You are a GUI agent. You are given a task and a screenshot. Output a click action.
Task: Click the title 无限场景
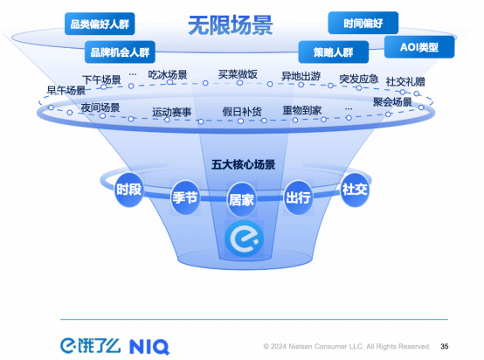pyautogui.click(x=231, y=24)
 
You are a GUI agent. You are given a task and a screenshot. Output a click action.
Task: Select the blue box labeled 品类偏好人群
pyautogui.click(x=100, y=24)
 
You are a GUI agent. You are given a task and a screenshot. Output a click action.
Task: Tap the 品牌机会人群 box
pyautogui.click(x=120, y=52)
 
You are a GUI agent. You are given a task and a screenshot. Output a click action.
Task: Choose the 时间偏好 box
pyautogui.click(x=363, y=23)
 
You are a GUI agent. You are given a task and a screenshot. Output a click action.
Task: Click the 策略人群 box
pyautogui.click(x=334, y=52)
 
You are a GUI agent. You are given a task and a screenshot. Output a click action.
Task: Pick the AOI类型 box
pyautogui.click(x=419, y=47)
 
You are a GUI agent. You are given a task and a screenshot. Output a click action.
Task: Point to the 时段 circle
pyautogui.click(x=129, y=190)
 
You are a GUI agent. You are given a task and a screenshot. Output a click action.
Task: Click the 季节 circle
pyautogui.click(x=185, y=197)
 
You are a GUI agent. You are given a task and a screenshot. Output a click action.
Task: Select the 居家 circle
pyautogui.click(x=241, y=200)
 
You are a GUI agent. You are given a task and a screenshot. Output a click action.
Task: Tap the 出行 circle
pyautogui.click(x=298, y=197)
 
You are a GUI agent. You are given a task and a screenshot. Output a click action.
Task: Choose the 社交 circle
pyautogui.click(x=355, y=190)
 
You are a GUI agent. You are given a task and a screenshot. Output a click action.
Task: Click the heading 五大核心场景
pyautogui.click(x=243, y=164)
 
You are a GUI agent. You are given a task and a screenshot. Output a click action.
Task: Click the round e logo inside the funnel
pyautogui.click(x=244, y=239)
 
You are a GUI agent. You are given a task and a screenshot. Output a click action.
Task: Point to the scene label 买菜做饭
pyautogui.click(x=238, y=74)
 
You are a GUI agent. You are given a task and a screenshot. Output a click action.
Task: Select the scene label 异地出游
pyautogui.click(x=301, y=76)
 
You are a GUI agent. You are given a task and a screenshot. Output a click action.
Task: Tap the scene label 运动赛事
pyautogui.click(x=171, y=112)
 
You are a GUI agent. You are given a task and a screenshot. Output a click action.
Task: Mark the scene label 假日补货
pyautogui.click(x=242, y=112)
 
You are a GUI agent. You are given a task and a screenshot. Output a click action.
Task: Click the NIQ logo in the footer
pyautogui.click(x=149, y=347)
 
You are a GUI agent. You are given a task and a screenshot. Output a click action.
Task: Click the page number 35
pyautogui.click(x=445, y=346)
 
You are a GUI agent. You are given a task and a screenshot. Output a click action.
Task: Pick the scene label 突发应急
pyautogui.click(x=359, y=79)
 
